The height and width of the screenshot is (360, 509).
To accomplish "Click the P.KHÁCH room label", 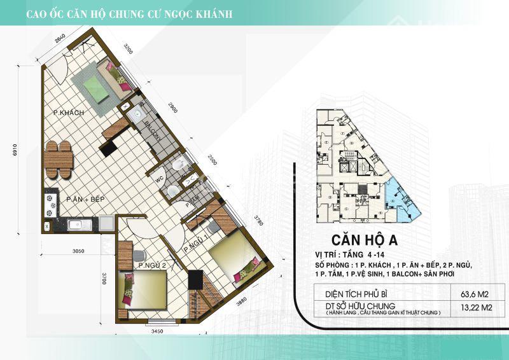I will point(69,113).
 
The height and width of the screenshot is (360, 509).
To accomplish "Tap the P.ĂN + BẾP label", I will point(85,199).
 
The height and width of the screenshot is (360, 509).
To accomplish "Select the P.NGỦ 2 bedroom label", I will point(151,265).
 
